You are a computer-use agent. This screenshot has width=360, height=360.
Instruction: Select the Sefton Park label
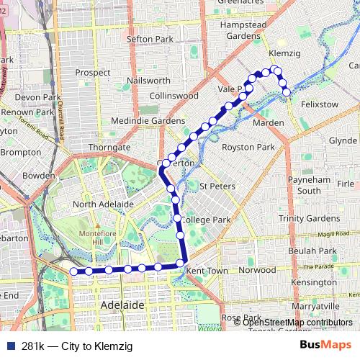[x=150, y=38]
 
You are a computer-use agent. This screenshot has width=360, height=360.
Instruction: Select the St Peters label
[x=217, y=186]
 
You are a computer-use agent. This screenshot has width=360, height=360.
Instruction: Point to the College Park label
[x=206, y=219]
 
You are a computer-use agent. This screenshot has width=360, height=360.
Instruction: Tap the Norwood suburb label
[x=257, y=270]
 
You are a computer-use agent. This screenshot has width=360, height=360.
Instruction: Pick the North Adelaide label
[x=104, y=204]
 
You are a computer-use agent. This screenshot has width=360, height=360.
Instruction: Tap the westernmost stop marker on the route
[x=73, y=271]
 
